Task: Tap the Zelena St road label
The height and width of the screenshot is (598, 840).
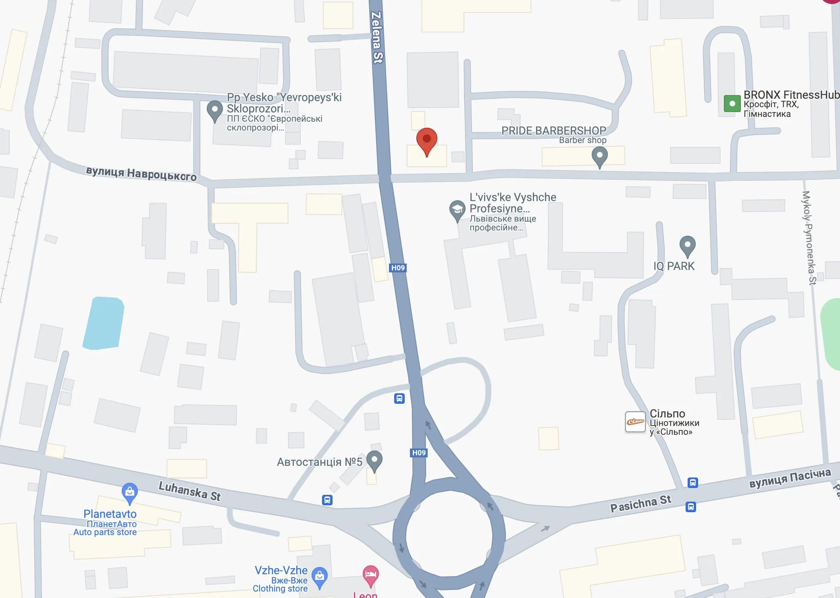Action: click(376, 37)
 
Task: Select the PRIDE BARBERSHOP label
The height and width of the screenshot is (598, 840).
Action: click(553, 131)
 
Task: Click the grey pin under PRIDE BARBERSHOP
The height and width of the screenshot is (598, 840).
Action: click(599, 156)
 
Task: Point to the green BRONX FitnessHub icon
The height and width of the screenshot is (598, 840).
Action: click(732, 104)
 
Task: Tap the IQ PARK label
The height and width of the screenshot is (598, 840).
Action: click(674, 266)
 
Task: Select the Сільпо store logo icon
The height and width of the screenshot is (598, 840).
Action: click(635, 422)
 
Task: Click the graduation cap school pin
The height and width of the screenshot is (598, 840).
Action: click(457, 210)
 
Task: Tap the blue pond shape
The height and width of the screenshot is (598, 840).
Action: click(104, 323)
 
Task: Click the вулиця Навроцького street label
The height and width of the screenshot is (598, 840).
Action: click(141, 173)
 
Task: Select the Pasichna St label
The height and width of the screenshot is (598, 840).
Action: click(640, 504)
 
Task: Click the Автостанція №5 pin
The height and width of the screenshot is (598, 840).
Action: click(374, 460)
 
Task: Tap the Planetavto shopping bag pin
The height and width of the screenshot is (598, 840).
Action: click(129, 492)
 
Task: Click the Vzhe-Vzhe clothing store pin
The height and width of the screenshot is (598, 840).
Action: click(320, 577)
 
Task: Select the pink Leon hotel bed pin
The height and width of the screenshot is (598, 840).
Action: click(370, 575)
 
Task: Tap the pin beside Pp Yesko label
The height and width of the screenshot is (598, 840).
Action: click(214, 110)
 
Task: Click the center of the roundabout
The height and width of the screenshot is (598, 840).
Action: click(449, 536)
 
